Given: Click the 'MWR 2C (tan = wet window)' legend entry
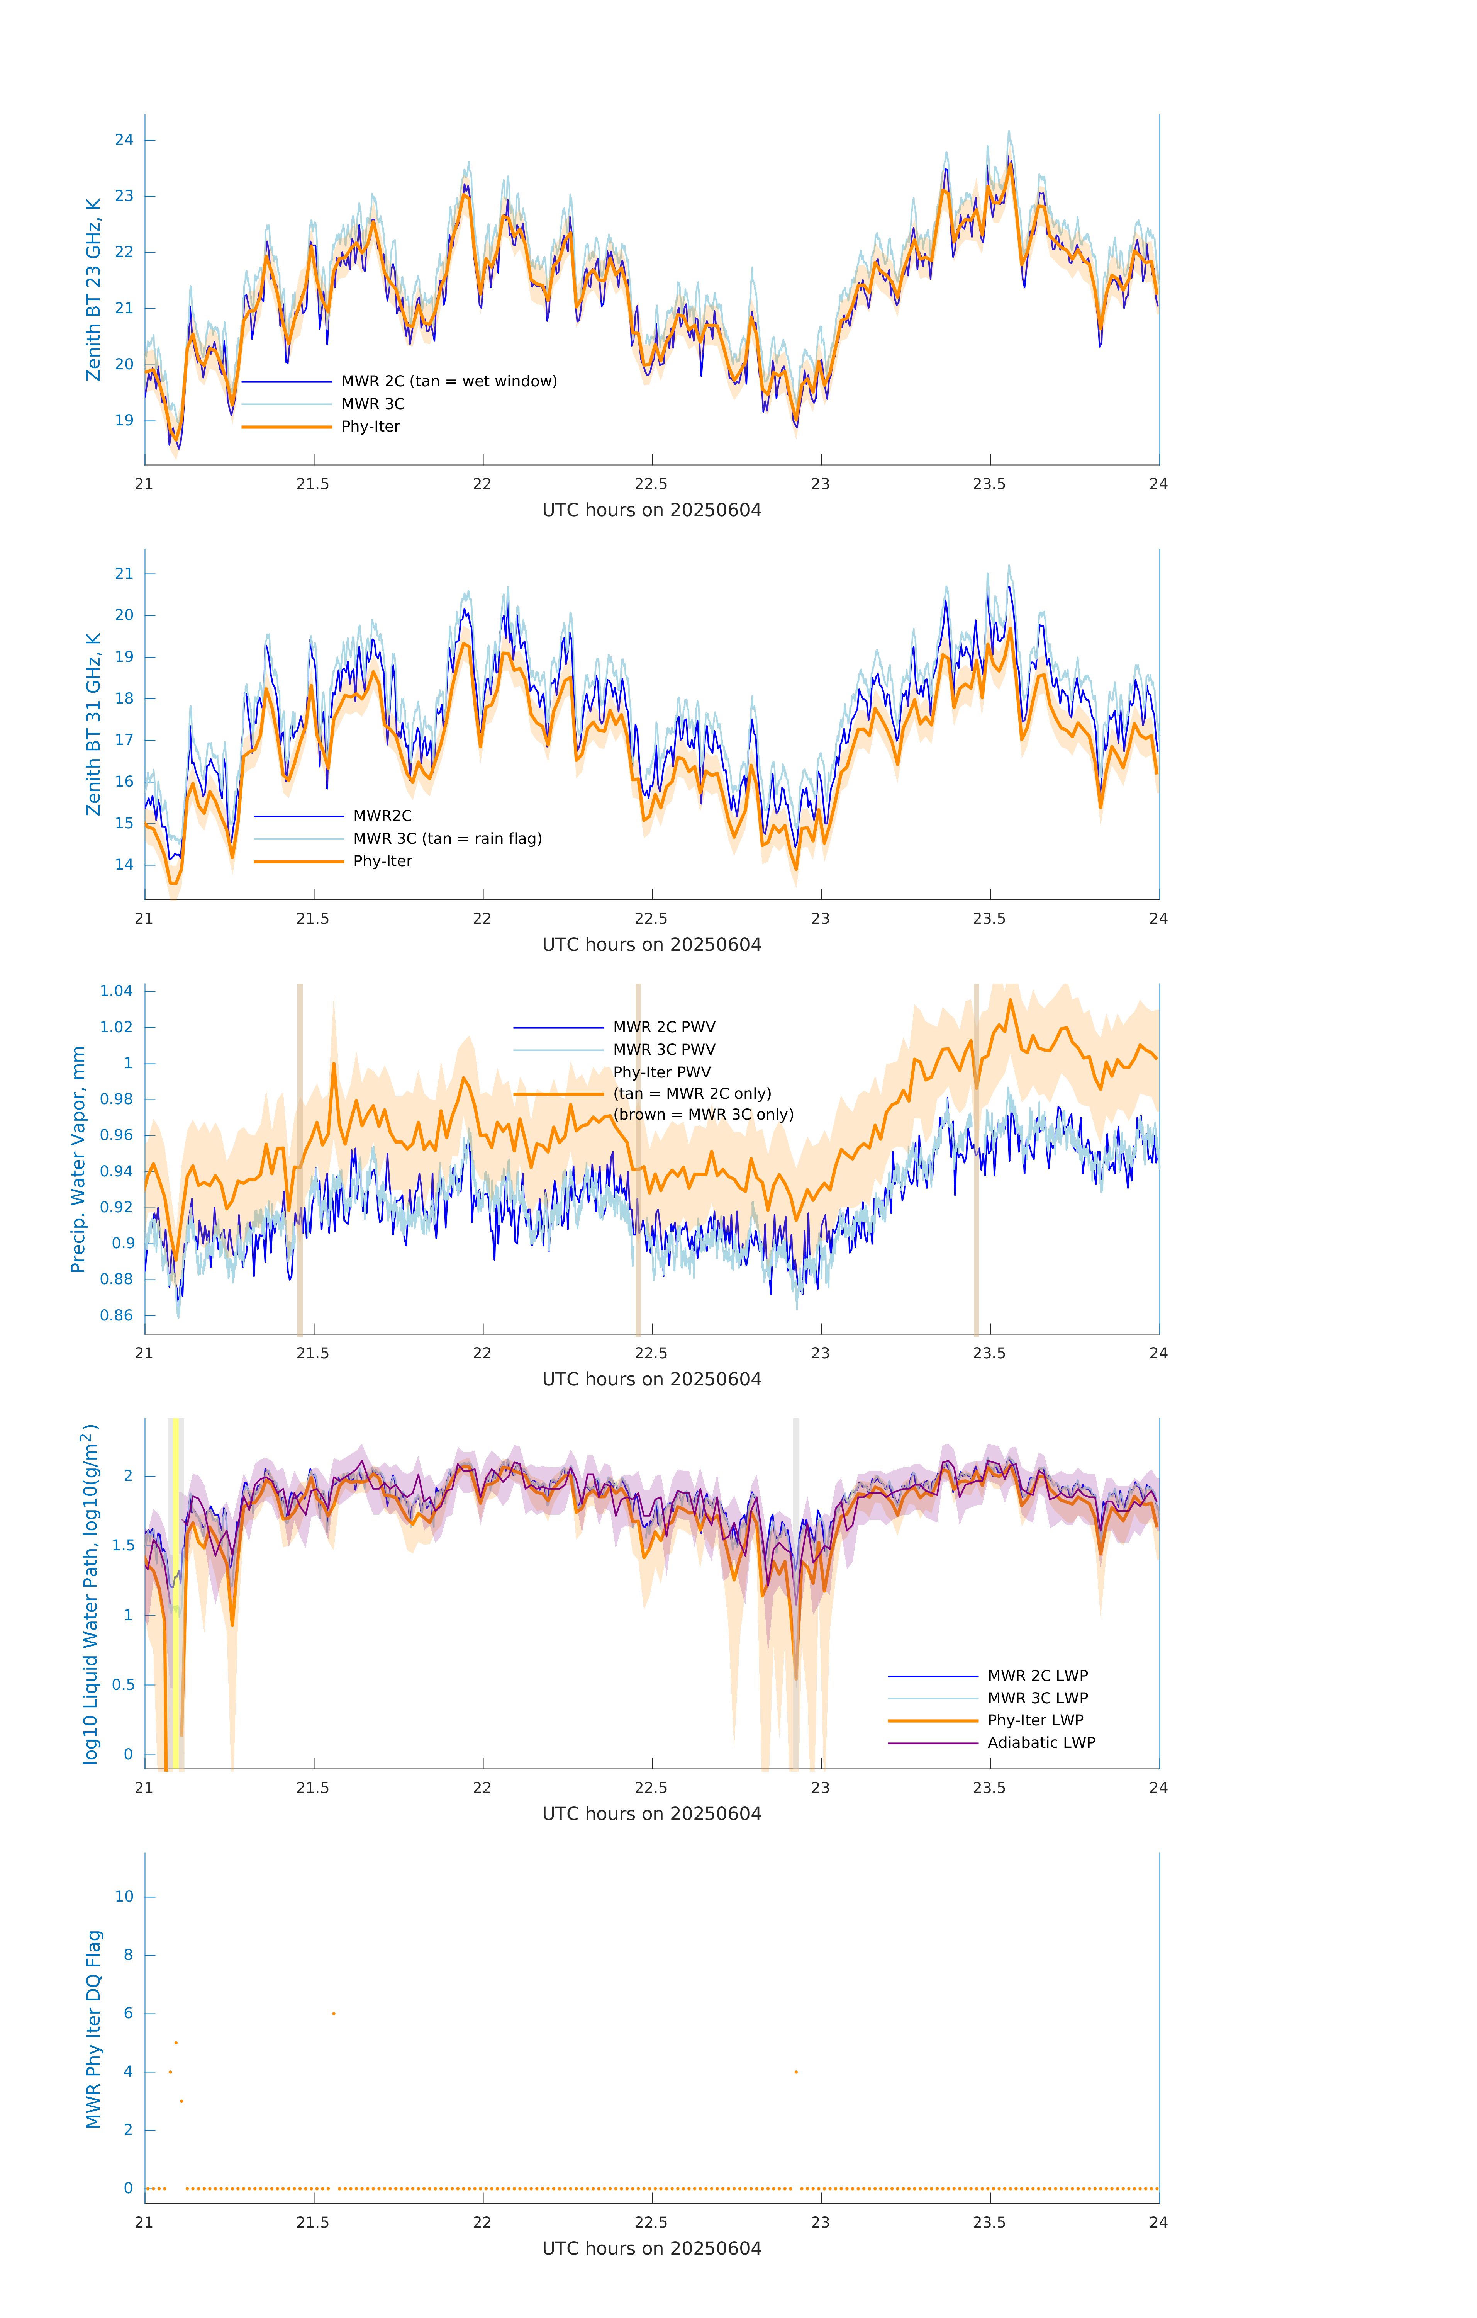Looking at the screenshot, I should coord(448,381).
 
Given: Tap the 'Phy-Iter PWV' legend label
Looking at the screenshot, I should coord(662,1072).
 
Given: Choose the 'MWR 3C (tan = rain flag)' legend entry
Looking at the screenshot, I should coord(448,838).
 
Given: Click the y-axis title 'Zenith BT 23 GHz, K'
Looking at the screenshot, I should coord(93,290).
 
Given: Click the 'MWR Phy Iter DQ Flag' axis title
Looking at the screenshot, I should coord(93,2029).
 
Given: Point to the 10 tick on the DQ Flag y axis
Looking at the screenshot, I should coord(124,1897).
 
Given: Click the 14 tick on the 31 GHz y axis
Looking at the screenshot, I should coord(124,865).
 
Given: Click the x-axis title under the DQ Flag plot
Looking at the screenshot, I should coord(651,2249).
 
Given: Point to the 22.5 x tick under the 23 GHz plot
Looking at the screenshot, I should coord(651,484).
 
